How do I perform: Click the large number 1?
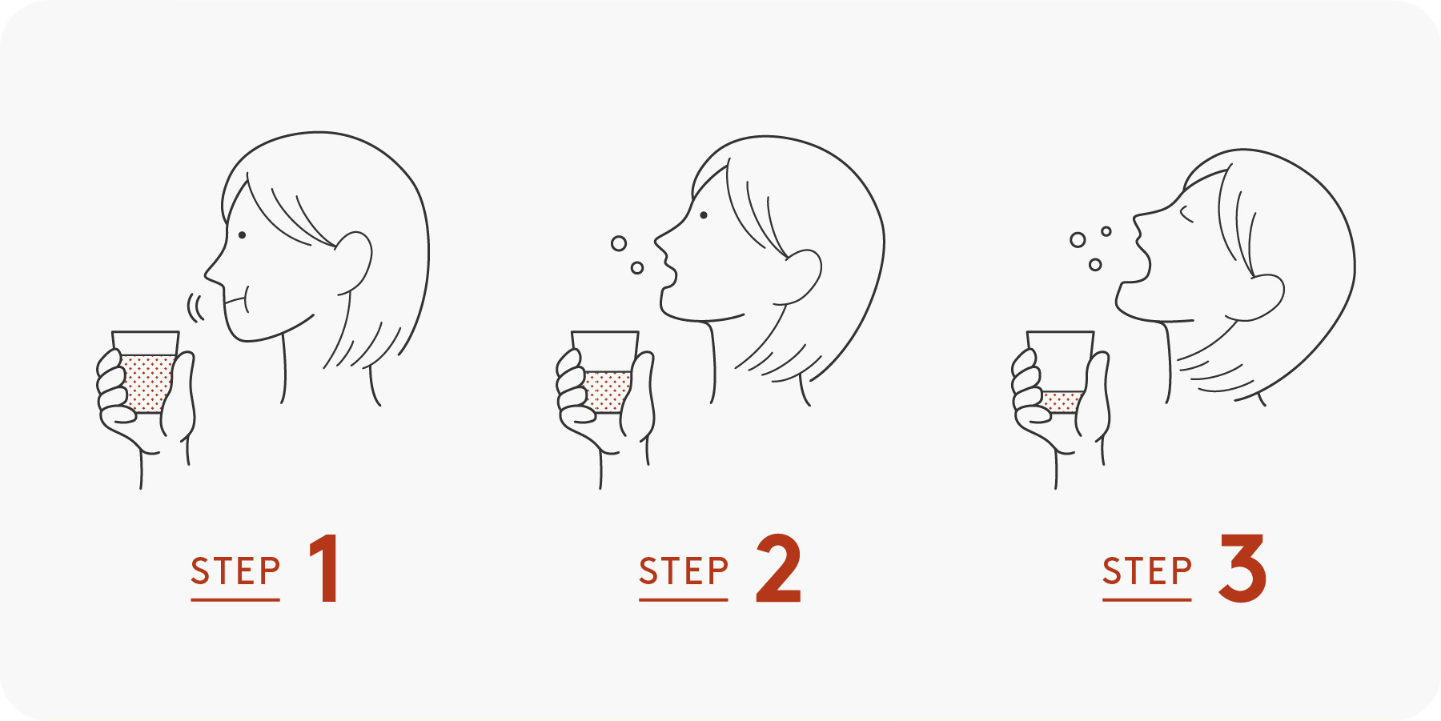[325, 568]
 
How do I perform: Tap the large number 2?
[778, 568]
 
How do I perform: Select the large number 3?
[1242, 568]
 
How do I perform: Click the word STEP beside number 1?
[235, 571]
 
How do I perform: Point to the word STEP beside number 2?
[684, 571]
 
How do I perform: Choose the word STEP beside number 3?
[1147, 571]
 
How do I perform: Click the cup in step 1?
[146, 372]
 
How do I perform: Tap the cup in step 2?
[605, 372]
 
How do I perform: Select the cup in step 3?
[1061, 372]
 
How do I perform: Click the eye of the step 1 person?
[242, 235]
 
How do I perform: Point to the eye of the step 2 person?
[704, 215]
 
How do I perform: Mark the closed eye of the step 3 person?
[1186, 214]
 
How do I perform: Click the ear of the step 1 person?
[355, 262]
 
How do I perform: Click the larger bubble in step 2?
[619, 243]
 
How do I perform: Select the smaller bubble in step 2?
[637, 268]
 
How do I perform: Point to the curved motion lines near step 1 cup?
[195, 306]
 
